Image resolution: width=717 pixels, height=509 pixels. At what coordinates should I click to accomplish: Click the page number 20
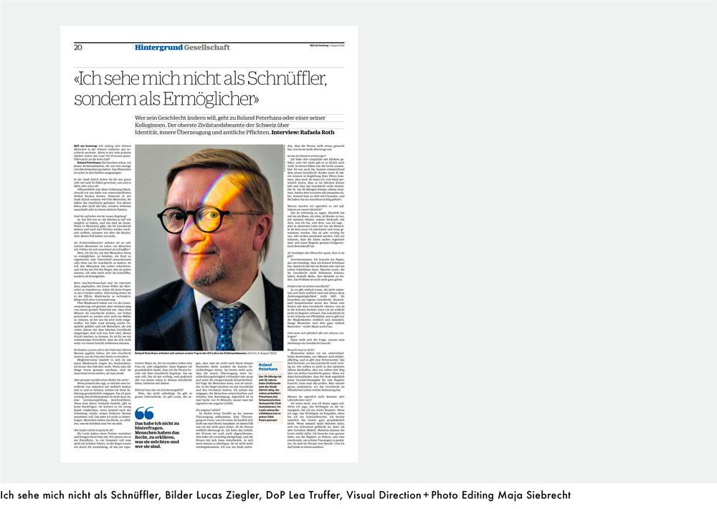(77, 47)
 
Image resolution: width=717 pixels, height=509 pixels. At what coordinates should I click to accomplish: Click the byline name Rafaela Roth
(322, 133)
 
